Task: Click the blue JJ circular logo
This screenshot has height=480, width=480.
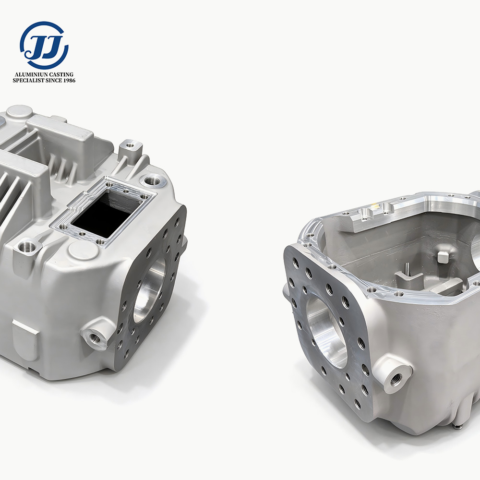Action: [44, 45]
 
